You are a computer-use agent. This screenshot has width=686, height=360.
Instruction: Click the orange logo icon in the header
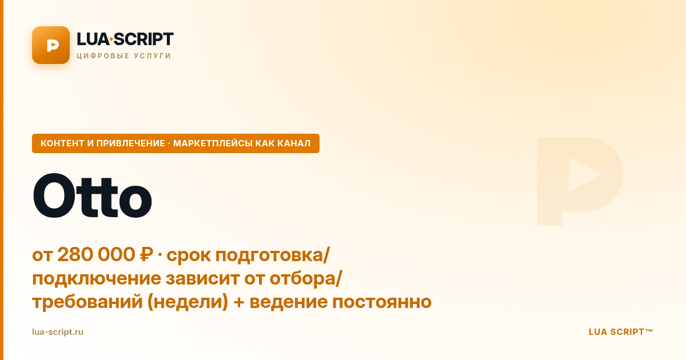(x=51, y=45)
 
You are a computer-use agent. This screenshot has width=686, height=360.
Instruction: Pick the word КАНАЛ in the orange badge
(x=294, y=143)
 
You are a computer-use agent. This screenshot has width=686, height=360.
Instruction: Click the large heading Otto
(x=92, y=196)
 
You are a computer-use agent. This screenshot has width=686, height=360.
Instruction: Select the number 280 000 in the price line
(x=96, y=254)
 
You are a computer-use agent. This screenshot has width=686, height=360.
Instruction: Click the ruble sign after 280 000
(x=146, y=254)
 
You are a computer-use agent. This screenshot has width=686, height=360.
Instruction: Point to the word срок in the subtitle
(x=188, y=255)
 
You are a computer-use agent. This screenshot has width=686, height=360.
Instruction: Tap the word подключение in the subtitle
(x=97, y=279)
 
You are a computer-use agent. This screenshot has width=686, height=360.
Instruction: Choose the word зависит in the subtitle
(x=203, y=279)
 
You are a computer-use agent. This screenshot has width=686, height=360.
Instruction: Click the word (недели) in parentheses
(x=188, y=302)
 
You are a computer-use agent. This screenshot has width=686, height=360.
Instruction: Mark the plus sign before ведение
(x=239, y=302)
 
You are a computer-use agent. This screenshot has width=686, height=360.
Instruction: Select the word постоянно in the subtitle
(x=382, y=302)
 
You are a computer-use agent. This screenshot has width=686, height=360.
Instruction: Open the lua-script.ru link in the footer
(x=58, y=332)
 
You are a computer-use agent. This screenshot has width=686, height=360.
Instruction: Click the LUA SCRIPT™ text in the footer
(x=621, y=332)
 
